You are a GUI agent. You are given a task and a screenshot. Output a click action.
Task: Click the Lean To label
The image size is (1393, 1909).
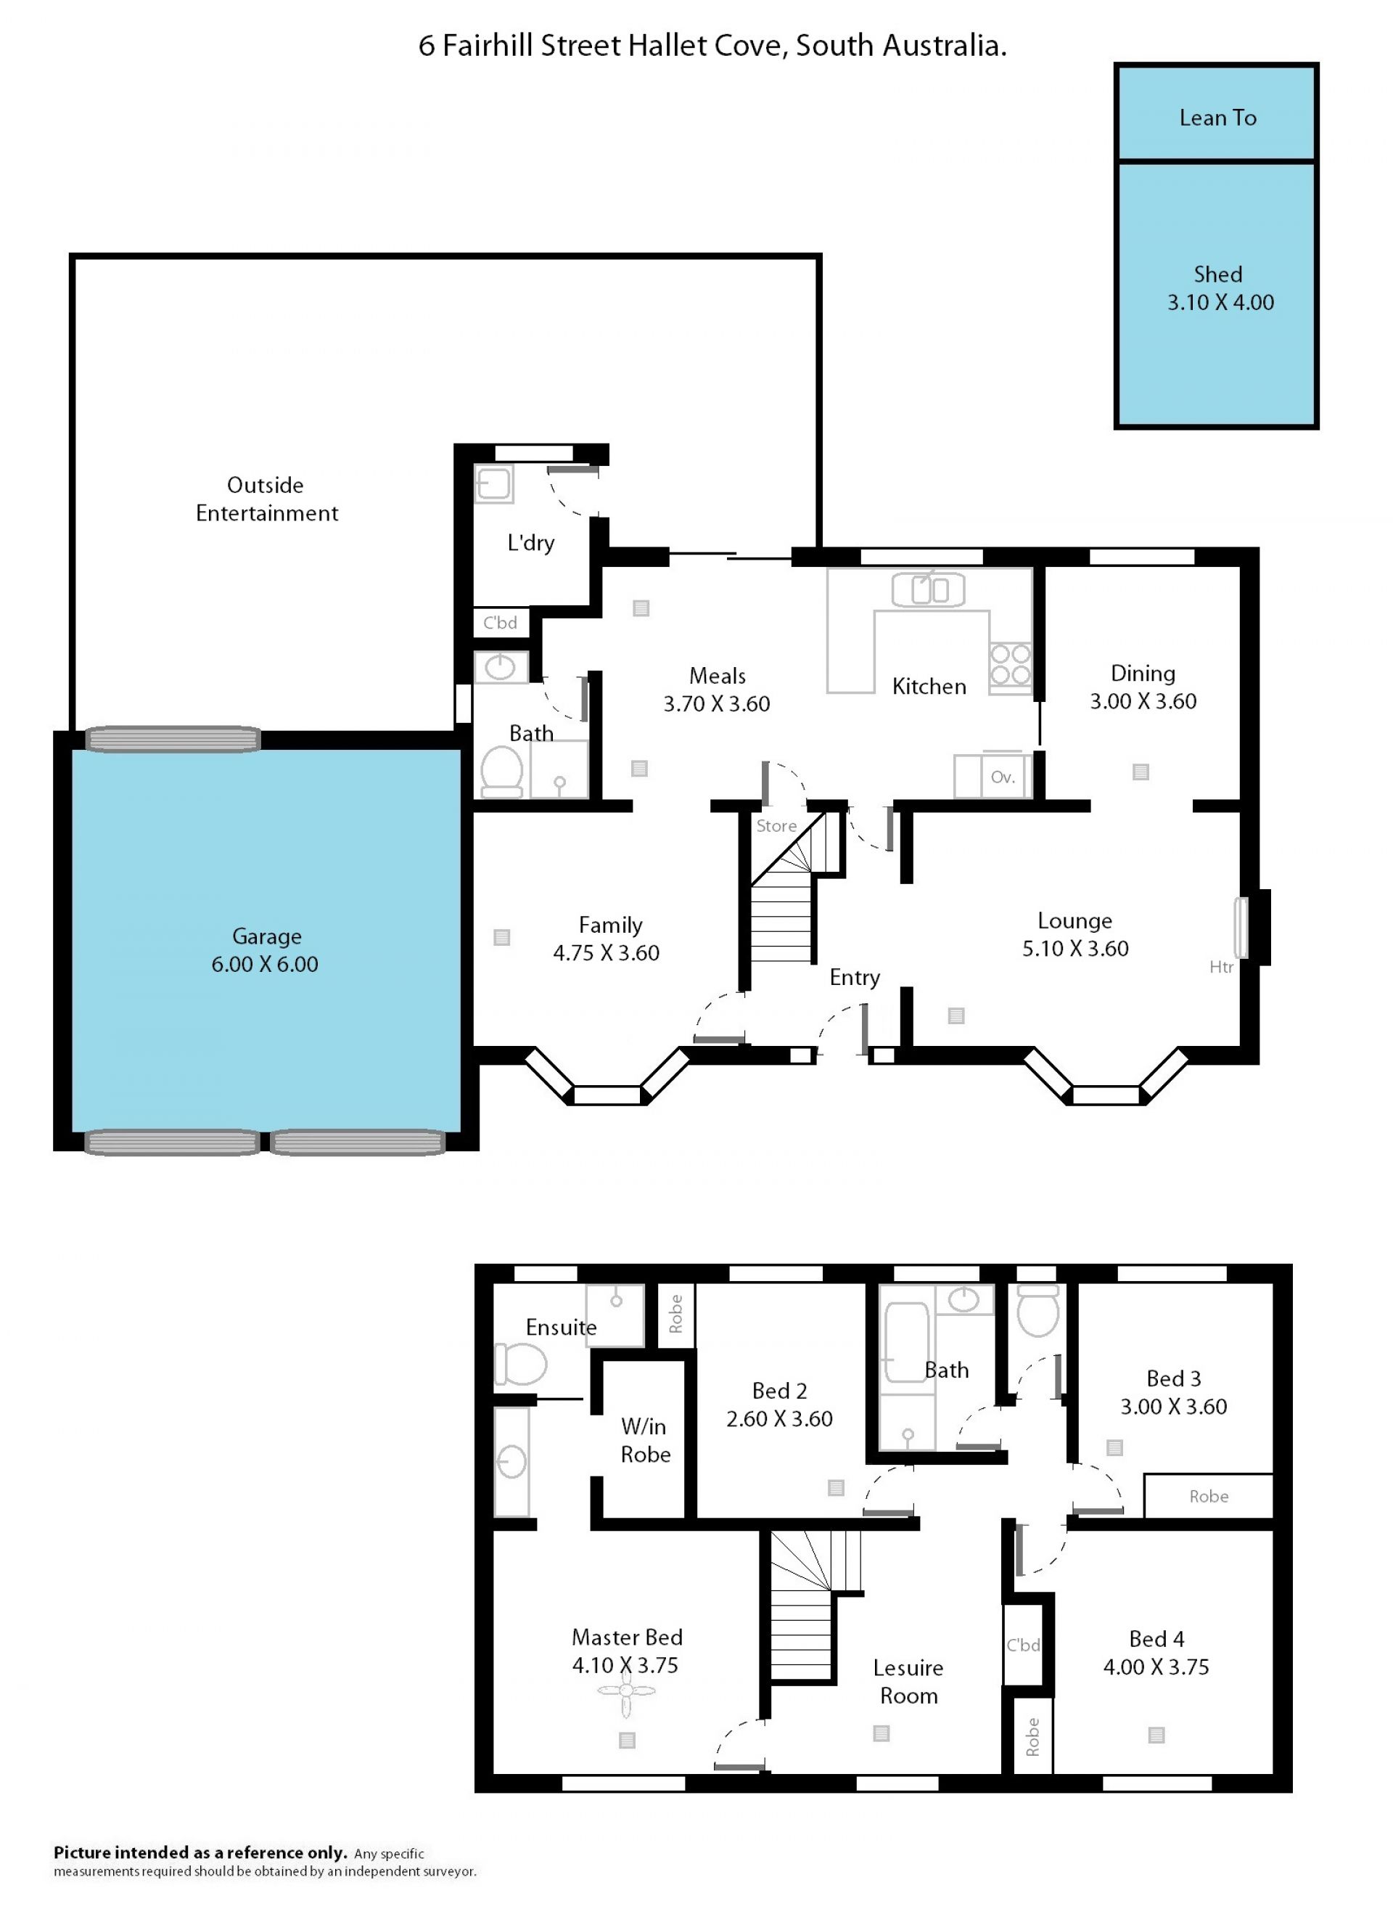[1217, 118]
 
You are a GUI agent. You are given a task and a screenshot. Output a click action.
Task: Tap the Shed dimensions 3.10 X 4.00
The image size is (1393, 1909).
[1220, 302]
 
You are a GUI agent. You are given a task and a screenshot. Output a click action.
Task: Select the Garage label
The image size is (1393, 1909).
[266, 936]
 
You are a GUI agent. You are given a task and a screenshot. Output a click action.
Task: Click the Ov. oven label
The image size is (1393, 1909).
[1003, 777]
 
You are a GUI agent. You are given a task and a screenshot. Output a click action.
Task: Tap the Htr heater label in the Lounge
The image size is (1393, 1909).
[1221, 967]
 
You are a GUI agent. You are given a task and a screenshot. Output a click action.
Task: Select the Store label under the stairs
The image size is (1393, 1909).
[776, 826]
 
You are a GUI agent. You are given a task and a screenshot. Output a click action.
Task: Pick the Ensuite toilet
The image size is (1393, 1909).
[520, 1364]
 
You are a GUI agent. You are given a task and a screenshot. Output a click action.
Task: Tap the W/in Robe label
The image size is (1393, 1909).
[645, 1440]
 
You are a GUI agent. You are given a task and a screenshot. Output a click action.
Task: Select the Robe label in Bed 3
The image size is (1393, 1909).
[1208, 1496]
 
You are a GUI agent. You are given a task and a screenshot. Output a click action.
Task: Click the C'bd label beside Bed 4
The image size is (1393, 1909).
[1023, 1645]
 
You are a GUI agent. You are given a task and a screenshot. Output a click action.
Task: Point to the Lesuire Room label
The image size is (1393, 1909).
[908, 1681]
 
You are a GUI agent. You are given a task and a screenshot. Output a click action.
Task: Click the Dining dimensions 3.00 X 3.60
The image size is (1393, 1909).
[1143, 701]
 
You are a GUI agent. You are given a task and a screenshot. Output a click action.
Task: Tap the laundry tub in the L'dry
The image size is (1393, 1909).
[493, 483]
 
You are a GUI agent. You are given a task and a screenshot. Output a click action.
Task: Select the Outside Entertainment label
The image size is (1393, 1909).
[266, 499]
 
